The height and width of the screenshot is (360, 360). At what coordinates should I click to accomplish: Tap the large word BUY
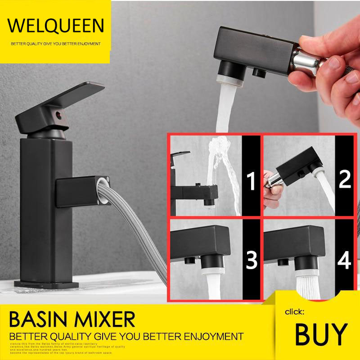tap(321, 333)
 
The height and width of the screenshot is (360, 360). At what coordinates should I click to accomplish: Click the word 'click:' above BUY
tap(295, 311)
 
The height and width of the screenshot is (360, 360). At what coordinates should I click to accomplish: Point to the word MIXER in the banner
tap(107, 320)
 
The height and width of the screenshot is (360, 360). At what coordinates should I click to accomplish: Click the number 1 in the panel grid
tap(252, 182)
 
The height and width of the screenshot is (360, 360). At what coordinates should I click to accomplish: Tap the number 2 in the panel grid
tap(344, 179)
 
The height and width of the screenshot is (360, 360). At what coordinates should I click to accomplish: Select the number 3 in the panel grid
tap(252, 260)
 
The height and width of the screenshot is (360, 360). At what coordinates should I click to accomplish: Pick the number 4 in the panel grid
tap(345, 260)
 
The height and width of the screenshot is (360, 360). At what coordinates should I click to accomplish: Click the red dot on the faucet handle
tap(58, 116)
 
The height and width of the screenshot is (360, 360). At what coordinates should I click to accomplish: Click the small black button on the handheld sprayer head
tap(259, 72)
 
